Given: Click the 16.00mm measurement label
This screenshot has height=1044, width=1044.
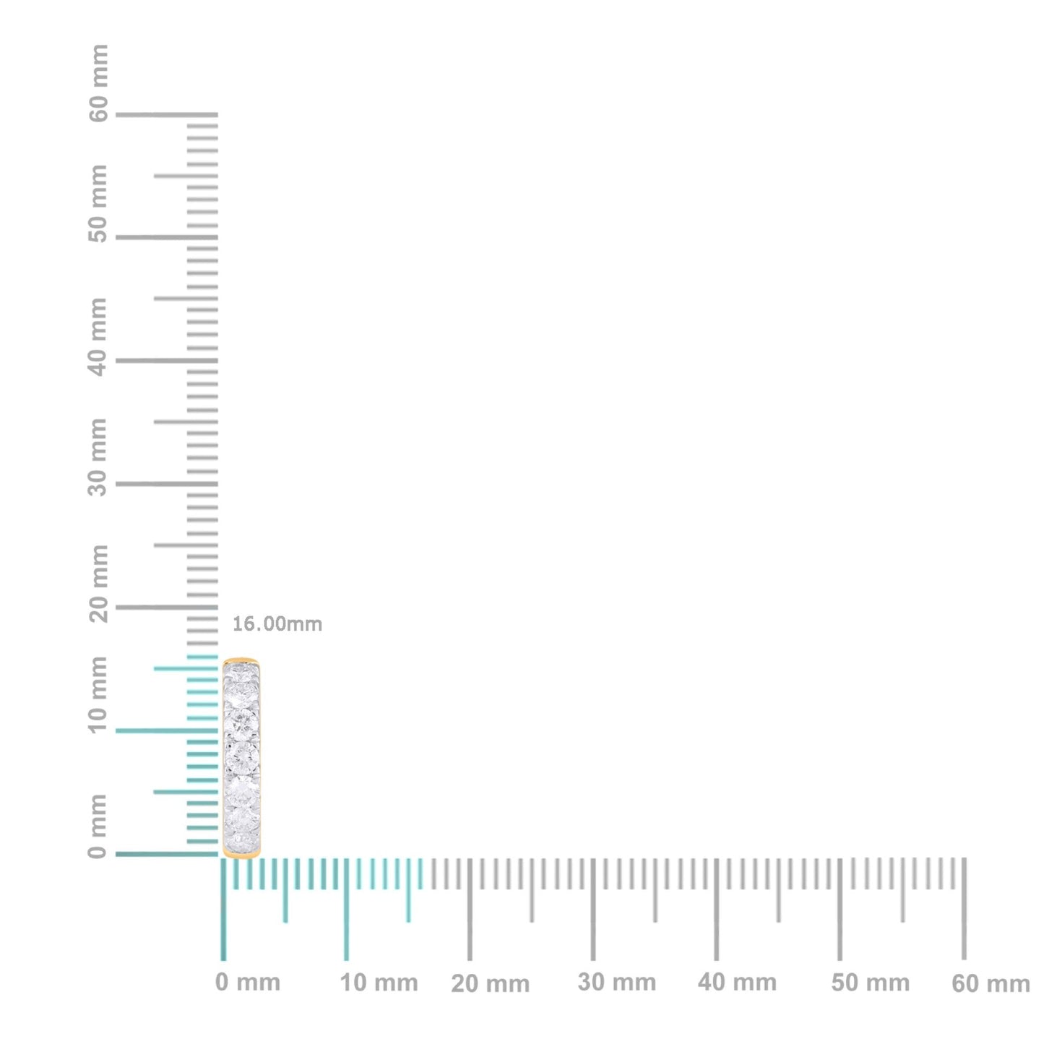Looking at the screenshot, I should tap(277, 624).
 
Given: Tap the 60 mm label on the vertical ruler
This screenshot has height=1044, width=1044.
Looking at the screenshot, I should tap(98, 83).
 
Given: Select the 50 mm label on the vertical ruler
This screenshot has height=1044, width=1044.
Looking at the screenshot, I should tap(98, 204).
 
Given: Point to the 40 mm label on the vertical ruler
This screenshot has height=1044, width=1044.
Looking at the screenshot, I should tap(98, 337).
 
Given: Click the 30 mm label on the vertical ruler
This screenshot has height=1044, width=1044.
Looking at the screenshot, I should tap(98, 457).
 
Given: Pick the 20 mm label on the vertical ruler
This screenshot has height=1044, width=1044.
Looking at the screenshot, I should tap(98, 584).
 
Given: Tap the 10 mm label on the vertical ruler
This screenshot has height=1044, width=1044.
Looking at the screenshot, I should tap(98, 695).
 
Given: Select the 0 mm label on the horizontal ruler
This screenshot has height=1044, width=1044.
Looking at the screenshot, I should tap(248, 983).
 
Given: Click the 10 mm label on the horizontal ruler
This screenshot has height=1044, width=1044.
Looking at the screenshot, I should tap(379, 983).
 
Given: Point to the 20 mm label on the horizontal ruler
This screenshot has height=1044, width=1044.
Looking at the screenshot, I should tap(491, 983).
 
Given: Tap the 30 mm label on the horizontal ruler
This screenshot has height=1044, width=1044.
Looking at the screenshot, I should tap(617, 983).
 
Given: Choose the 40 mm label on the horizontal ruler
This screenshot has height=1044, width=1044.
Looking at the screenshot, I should tap(738, 983).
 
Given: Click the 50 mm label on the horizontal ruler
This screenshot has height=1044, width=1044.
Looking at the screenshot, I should tap(871, 983).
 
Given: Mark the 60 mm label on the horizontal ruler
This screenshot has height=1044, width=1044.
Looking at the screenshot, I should tap(991, 983).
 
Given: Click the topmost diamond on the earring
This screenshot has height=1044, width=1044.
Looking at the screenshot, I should tap(241, 672).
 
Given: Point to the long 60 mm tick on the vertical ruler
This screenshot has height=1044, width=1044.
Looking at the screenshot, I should tap(166, 114).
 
